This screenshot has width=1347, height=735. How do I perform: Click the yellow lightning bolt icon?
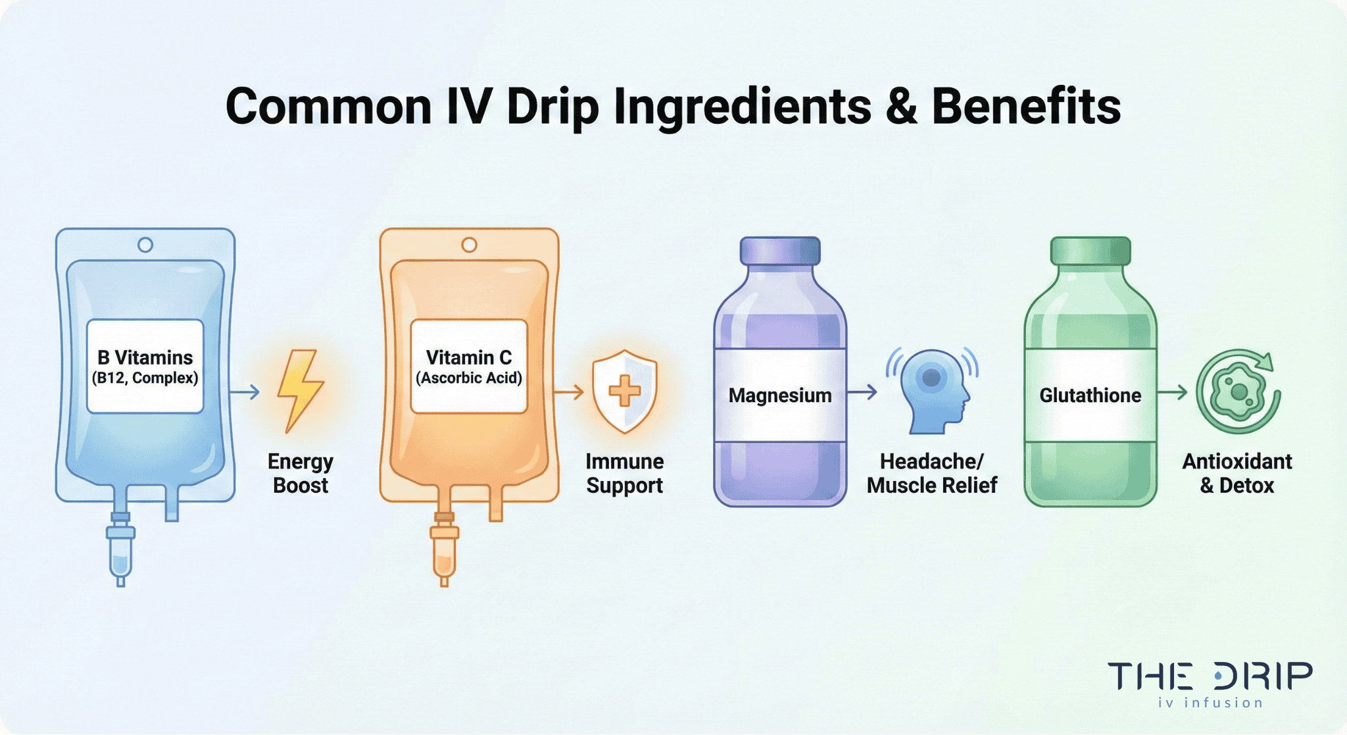tap(300, 390)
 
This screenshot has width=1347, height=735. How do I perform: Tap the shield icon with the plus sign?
tap(624, 391)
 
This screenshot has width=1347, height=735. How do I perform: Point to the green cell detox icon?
tap(1238, 392)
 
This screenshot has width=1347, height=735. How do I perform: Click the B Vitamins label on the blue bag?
tap(145, 366)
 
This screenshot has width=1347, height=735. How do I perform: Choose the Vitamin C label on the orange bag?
tap(469, 366)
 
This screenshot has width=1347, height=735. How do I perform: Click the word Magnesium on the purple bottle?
tap(780, 395)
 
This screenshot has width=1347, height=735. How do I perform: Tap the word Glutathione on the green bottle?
tap(1090, 395)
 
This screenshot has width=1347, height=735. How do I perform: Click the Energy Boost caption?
tap(301, 473)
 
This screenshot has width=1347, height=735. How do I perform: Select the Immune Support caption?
tap(624, 473)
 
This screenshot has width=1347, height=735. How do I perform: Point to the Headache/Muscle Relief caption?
tap(932, 473)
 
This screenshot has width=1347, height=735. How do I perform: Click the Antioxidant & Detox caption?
tap(1237, 473)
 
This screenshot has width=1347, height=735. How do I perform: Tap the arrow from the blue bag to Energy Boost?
tap(245, 392)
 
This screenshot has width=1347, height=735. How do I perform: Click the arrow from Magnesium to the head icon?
tap(862, 392)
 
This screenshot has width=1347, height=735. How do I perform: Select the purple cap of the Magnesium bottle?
tap(780, 251)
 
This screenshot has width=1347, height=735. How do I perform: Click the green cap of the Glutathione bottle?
tap(1090, 251)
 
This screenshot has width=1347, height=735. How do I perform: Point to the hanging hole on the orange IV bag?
tap(469, 245)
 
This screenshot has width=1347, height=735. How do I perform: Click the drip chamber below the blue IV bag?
tap(120, 553)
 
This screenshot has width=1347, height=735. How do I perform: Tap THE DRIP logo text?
tap(1210, 676)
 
